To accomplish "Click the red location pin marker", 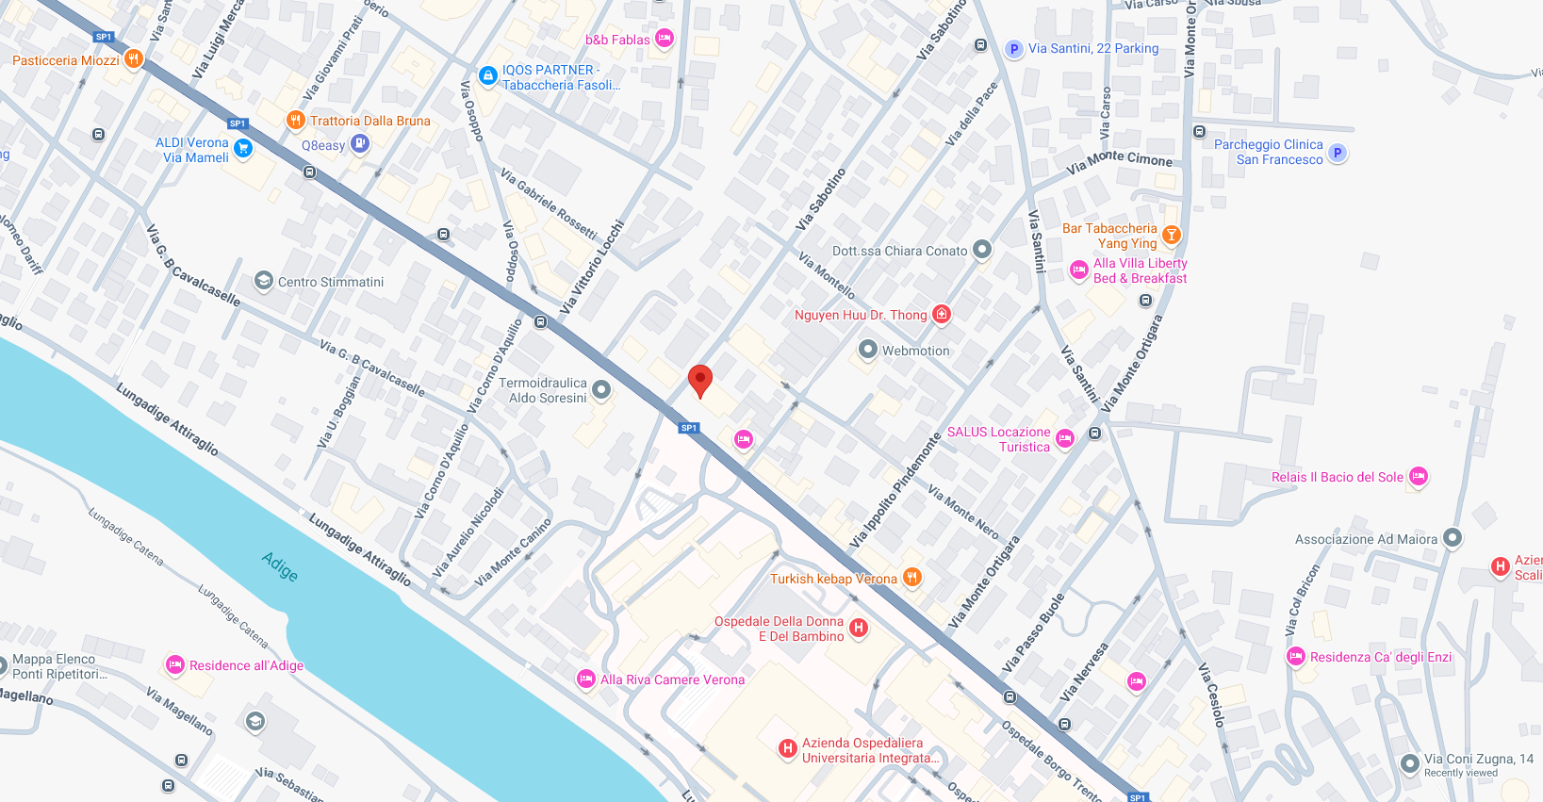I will click(699, 381).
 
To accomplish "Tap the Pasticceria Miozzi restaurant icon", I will click(134, 59).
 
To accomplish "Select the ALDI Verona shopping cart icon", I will click(243, 147).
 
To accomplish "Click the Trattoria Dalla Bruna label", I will click(369, 121).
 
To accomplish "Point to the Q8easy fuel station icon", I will click(360, 143).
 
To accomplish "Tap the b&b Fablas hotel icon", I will click(665, 39).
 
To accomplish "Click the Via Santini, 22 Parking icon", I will click(1013, 49).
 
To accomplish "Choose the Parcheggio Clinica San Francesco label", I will click(1268, 152).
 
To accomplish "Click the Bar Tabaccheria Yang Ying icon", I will click(1171, 235).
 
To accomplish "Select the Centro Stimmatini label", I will click(331, 282).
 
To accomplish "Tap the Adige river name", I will click(280, 566).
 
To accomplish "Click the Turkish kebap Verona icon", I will click(911, 578).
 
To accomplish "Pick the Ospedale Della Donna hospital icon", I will click(858, 628).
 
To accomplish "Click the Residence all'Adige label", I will click(246, 665).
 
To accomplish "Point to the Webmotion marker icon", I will click(868, 350).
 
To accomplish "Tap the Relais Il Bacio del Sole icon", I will click(1419, 477).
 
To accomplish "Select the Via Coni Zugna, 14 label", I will click(1478, 759).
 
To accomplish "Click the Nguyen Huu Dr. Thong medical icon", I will click(941, 314).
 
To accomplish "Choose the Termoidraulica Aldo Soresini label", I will click(543, 390).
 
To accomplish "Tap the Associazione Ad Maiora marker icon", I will click(1453, 538).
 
